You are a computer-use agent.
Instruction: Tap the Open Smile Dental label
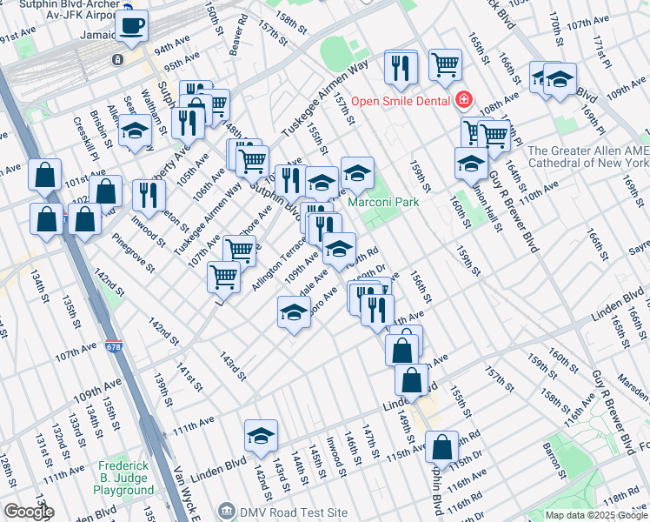(401, 100)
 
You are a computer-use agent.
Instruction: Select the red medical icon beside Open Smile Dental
(465, 100)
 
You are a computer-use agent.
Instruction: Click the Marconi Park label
(383, 202)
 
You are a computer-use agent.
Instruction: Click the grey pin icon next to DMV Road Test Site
(227, 510)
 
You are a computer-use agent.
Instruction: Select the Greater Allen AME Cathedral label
(588, 157)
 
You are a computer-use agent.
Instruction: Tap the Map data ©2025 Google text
(596, 515)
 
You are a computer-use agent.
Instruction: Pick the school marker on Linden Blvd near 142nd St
(261, 437)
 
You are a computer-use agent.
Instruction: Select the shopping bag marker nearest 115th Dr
(442, 447)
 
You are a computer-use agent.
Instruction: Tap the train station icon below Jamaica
(116, 60)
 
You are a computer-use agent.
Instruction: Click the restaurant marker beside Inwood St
(149, 197)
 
